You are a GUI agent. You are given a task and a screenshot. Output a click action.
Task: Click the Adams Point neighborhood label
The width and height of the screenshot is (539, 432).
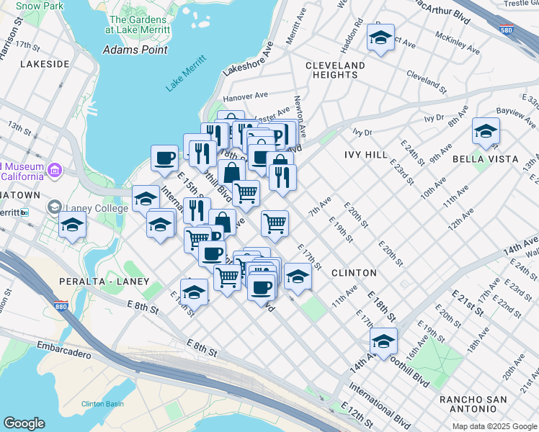point(135,50)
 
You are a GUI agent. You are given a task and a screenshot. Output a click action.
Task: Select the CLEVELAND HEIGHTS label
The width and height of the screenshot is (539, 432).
point(335,70)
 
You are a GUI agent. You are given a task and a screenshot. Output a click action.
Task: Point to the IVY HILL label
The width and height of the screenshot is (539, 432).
point(367,155)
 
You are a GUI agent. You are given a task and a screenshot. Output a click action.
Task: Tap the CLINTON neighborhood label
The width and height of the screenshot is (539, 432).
point(354,273)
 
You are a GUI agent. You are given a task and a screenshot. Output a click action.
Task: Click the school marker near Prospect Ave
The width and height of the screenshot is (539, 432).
point(380,37)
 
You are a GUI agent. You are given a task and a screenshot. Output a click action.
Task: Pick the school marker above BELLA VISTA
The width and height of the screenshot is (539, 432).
point(486,130)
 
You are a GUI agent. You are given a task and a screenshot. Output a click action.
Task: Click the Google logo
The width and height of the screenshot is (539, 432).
point(24,423)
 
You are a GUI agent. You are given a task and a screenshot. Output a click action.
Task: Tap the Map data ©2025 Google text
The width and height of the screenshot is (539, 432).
point(494,426)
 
